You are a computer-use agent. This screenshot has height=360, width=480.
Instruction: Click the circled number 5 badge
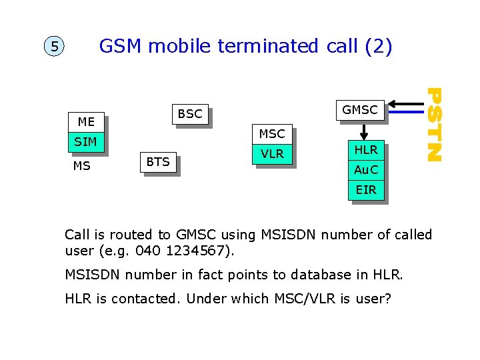click(55, 47)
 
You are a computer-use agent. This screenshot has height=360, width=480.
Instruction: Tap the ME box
click(86, 122)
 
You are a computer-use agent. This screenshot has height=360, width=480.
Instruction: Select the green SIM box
click(86, 141)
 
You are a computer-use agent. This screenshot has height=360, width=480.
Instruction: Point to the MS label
click(81, 166)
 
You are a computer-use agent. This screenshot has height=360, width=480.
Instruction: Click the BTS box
click(158, 161)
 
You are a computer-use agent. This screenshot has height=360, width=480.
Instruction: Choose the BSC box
click(190, 113)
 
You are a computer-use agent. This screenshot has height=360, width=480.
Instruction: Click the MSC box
click(271, 134)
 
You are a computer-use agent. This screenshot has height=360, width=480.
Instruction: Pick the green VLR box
click(272, 154)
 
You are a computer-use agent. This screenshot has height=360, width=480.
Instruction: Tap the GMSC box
click(359, 110)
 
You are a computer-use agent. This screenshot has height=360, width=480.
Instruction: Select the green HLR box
click(366, 150)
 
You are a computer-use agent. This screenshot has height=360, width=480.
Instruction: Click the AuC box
click(366, 170)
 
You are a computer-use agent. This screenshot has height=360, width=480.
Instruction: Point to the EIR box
click(366, 190)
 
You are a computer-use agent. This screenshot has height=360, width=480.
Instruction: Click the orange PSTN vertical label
click(434, 124)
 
